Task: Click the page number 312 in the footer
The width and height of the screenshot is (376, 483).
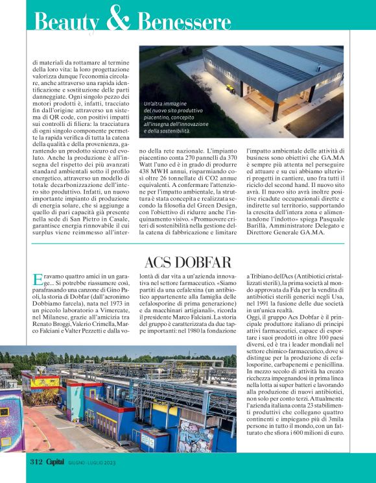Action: [36, 462]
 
